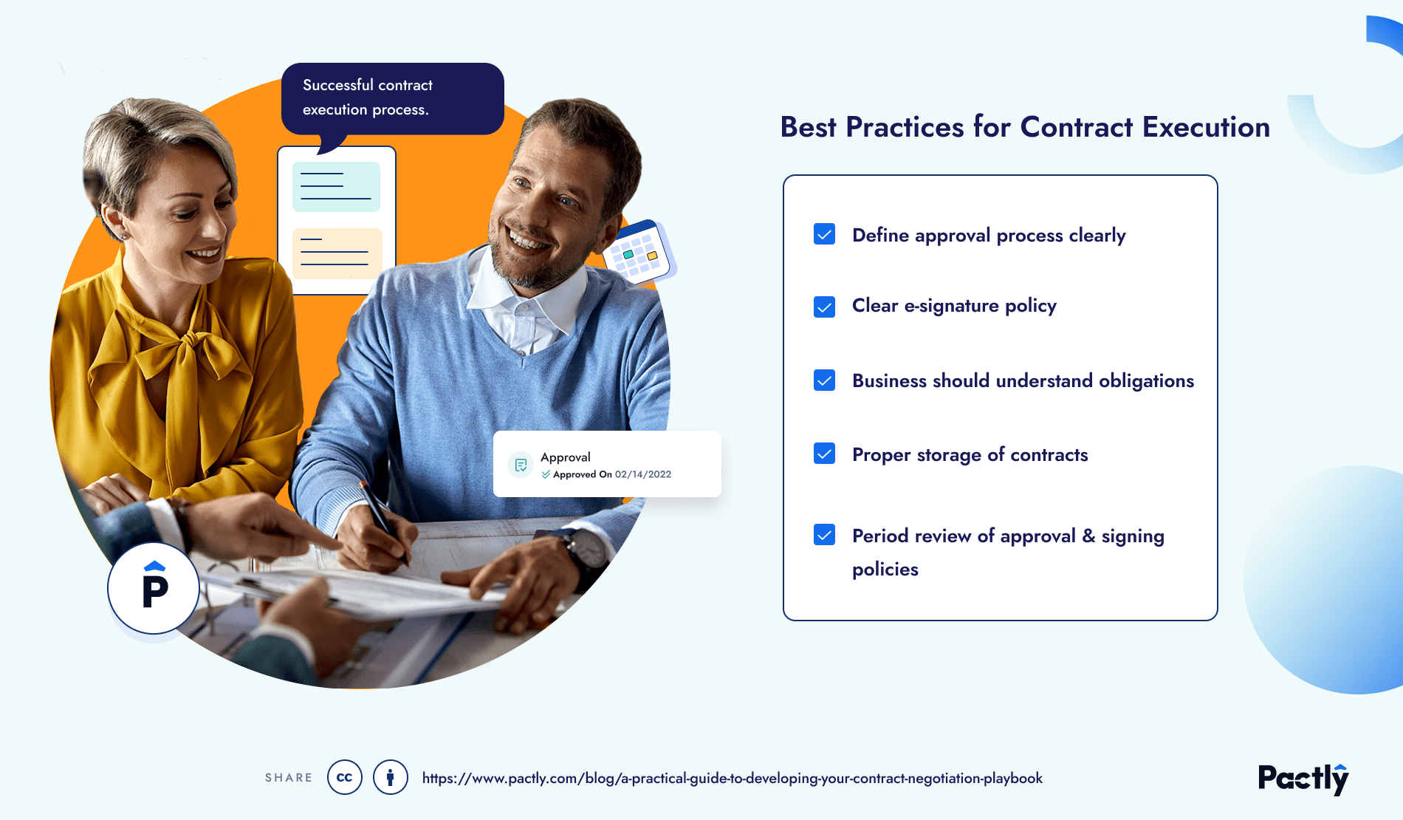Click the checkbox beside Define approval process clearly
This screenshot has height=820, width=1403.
(824, 234)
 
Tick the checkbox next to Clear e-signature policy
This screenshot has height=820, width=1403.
(824, 307)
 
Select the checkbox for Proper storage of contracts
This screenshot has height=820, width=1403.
(824, 454)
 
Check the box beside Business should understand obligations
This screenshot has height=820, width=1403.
(824, 380)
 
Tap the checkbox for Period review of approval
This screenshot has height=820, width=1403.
(824, 535)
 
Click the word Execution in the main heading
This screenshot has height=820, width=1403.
(1206, 128)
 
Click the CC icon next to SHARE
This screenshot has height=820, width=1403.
(345, 777)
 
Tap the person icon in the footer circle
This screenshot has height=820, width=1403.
(391, 777)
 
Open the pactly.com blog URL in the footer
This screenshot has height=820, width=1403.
(732, 778)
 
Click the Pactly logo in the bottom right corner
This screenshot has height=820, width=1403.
(1303, 779)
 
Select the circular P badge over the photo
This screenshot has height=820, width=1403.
(154, 589)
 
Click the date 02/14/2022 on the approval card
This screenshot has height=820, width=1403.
(643, 474)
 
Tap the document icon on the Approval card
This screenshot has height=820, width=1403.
(521, 465)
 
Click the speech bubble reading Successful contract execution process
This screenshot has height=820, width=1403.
(392, 98)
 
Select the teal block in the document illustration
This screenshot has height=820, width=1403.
(336, 187)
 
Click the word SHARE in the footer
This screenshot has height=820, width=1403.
(289, 778)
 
